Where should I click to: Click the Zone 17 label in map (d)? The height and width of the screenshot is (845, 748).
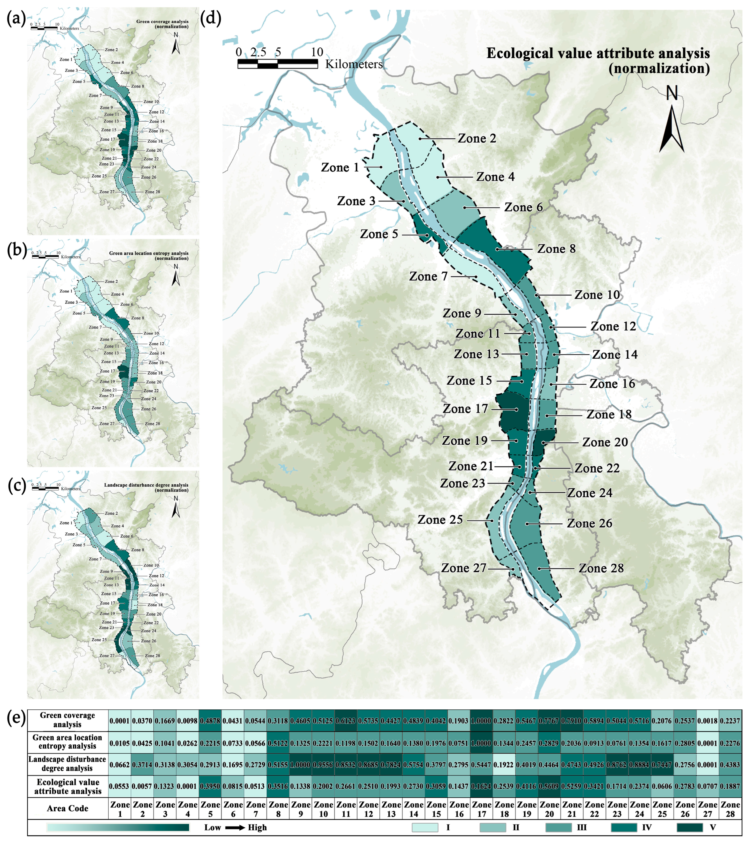[465, 409]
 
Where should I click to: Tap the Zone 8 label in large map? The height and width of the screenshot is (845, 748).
[556, 249]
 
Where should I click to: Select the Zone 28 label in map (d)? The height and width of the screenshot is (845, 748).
[601, 568]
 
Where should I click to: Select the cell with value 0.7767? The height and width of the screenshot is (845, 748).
[549, 721]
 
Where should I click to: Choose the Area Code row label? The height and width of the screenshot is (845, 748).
[68, 808]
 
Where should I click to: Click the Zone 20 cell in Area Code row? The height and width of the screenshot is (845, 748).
[549, 809]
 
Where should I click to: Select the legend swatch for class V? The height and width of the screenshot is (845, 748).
[690, 827]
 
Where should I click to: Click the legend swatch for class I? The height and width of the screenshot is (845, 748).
[425, 827]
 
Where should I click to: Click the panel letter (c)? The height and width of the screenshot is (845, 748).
[16, 486]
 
